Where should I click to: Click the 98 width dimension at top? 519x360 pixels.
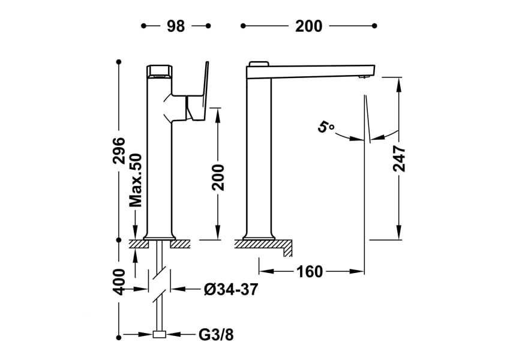[176, 26]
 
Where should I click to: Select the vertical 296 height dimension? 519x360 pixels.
[119, 150]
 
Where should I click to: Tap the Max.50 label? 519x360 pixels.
[136, 179]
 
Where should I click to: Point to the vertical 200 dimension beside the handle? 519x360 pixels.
[218, 176]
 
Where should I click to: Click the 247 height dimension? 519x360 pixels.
[399, 158]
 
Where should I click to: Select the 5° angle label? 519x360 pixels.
[326, 127]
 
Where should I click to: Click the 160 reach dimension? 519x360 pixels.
[310, 272]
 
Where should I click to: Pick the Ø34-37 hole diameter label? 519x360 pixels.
[231, 289]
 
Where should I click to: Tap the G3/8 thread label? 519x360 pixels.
[216, 335]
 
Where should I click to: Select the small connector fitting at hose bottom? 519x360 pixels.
[160, 335]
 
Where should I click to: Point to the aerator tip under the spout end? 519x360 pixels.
[362, 77]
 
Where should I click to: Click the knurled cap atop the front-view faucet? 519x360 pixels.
[159, 70]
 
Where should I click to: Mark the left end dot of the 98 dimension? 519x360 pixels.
[143, 26]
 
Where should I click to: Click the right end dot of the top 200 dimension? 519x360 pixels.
[374, 26]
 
